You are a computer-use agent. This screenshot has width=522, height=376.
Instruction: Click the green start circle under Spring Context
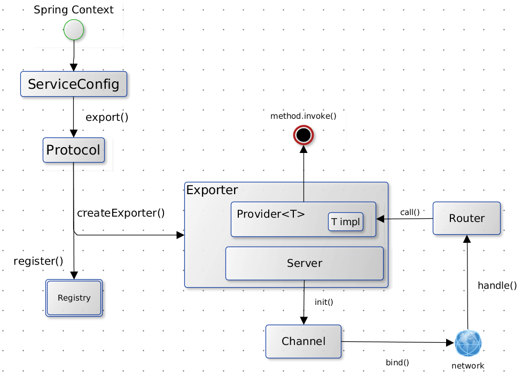tap(74, 29)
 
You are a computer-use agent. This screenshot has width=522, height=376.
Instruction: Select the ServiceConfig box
tap(74, 84)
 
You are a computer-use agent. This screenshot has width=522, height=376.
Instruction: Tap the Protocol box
tap(73, 150)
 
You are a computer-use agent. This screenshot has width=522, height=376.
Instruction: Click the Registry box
tap(74, 298)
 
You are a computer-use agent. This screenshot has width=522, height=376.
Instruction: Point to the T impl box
tap(346, 221)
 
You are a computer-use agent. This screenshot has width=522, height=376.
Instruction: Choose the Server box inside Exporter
tap(305, 263)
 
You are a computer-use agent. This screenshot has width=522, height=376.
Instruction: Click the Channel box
tap(303, 341)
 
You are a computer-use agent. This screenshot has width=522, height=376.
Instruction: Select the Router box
tap(466, 218)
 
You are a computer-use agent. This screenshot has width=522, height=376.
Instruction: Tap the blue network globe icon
tap(468, 343)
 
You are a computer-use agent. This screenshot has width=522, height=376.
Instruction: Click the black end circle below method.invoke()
tap(303, 135)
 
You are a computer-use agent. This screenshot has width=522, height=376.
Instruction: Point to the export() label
tap(107, 117)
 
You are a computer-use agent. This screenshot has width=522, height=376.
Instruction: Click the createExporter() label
tap(121, 213)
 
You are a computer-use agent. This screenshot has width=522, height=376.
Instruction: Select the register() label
tap(38, 261)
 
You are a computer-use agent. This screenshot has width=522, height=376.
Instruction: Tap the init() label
tap(324, 302)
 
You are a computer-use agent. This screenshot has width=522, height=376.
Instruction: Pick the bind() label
tap(398, 362)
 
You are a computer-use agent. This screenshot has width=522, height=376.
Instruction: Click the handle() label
tap(497, 286)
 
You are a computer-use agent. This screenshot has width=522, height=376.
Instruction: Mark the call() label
tap(410, 212)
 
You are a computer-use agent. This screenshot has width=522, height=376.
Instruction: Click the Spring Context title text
tap(74, 10)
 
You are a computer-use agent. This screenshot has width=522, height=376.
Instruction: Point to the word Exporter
tap(212, 190)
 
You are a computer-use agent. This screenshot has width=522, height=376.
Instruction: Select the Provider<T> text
tap(271, 214)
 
